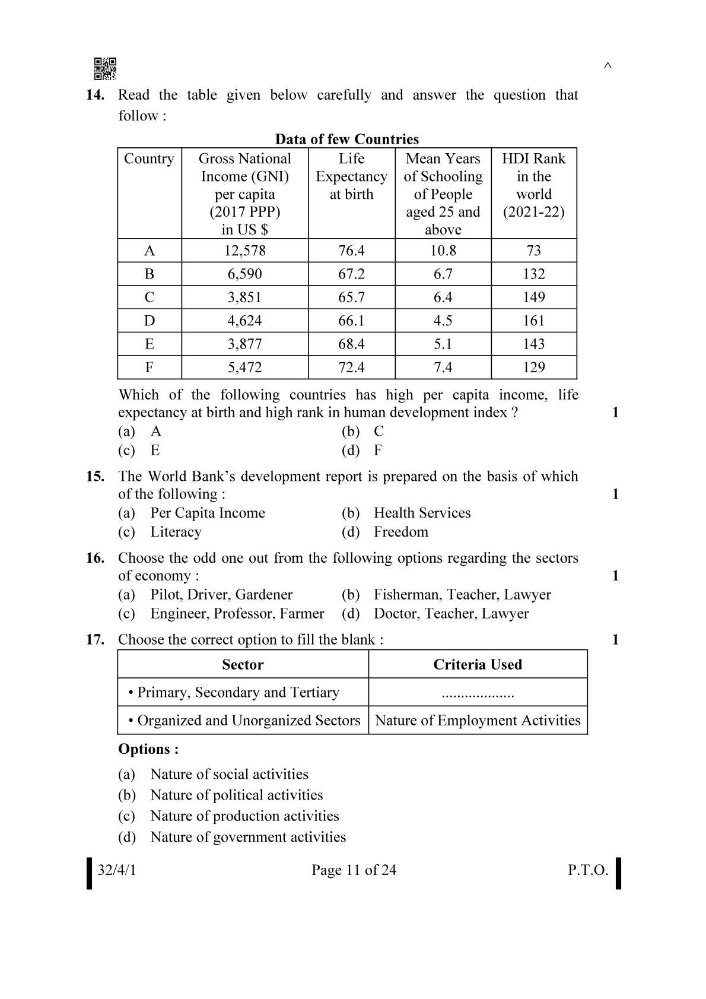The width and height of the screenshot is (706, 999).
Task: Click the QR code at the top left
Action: pyautogui.click(x=105, y=69)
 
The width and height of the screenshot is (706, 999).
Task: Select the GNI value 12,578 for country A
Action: pyautogui.click(x=244, y=250)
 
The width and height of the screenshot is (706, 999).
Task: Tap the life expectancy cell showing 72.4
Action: pyautogui.click(x=351, y=367)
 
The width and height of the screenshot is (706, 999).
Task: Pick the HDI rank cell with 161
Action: pyautogui.click(x=533, y=321)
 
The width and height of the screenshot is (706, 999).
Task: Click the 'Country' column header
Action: pyautogui.click(x=149, y=159)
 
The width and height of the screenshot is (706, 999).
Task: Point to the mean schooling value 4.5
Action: pyautogui.click(x=443, y=321)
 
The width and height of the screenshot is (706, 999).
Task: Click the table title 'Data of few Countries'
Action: pyautogui.click(x=346, y=139)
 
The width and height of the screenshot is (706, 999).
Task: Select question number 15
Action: pyautogui.click(x=95, y=476)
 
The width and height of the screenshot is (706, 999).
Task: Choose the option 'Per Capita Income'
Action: pyautogui.click(x=207, y=513)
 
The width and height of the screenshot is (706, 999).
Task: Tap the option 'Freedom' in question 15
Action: pyautogui.click(x=400, y=532)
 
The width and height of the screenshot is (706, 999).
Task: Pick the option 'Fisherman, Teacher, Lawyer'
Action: pyautogui.click(x=462, y=595)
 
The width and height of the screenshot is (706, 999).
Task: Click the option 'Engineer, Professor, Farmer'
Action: pyautogui.click(x=237, y=614)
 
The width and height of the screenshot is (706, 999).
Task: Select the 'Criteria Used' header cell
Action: pyautogui.click(x=477, y=665)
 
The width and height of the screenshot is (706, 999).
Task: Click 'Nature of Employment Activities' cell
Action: pyautogui.click(x=478, y=721)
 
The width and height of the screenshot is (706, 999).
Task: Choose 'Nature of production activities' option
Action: pyautogui.click(x=244, y=816)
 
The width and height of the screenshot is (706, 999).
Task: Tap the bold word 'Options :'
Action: pyautogui.click(x=148, y=749)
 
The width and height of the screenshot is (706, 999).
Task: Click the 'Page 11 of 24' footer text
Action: pyautogui.click(x=354, y=870)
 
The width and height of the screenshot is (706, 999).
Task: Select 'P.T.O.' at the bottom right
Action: pyautogui.click(x=587, y=870)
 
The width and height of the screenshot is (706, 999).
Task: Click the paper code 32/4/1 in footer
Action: pyautogui.click(x=117, y=870)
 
